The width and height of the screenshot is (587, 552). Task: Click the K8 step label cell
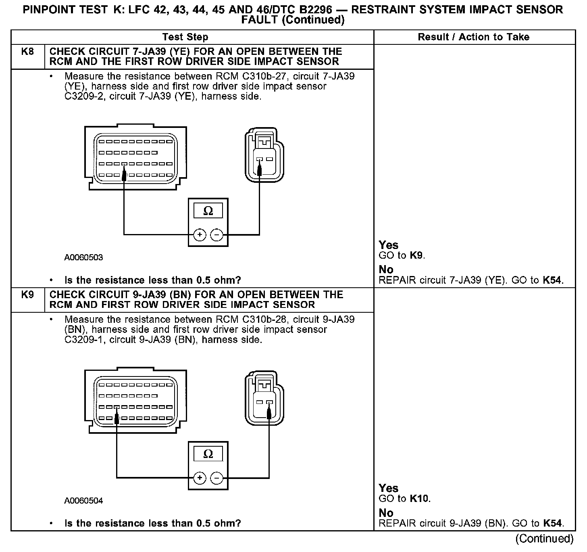pos(27,52)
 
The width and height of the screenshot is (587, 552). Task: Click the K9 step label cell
pos(27,295)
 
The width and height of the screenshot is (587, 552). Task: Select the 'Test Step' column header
pos(185,37)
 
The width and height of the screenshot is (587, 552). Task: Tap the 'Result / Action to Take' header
pos(473,37)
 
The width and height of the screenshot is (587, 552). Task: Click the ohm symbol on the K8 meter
pos(208,211)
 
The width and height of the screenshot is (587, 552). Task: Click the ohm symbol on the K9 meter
pos(208,454)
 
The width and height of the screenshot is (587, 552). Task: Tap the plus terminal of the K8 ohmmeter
pos(200,235)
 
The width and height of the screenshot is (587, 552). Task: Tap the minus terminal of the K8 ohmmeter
pos(217,235)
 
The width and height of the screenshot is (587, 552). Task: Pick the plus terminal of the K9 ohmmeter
pos(200,478)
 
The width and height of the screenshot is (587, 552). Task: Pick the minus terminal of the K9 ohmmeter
pos(217,478)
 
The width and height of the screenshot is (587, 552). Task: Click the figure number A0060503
pos(83,257)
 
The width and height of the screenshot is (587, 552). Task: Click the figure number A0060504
pos(83,501)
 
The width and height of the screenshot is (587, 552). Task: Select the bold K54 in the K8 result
pos(552,280)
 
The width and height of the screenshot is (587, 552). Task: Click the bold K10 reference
pos(419,499)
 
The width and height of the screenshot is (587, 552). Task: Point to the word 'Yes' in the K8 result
pos(388,245)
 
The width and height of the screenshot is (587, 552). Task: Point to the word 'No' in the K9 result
pos(386,513)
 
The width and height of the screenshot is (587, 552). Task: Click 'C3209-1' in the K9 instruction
pos(85,340)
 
